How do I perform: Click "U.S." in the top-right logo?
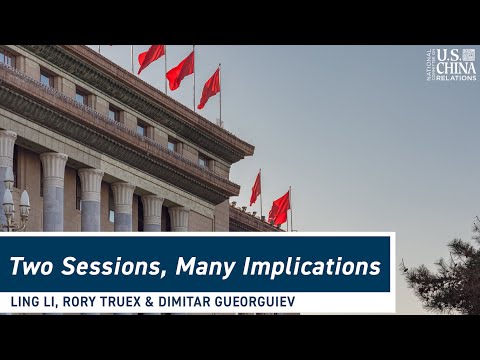(448, 54)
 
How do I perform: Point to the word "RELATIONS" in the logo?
(455, 77)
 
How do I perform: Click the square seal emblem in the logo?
(469, 54)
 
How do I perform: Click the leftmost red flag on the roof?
(150, 58)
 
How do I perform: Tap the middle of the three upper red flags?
(180, 71)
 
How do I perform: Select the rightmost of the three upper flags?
(209, 89)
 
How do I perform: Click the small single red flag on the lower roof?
(256, 188)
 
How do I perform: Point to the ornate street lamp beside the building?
(14, 205)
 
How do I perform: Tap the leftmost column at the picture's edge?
(5, 170)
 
